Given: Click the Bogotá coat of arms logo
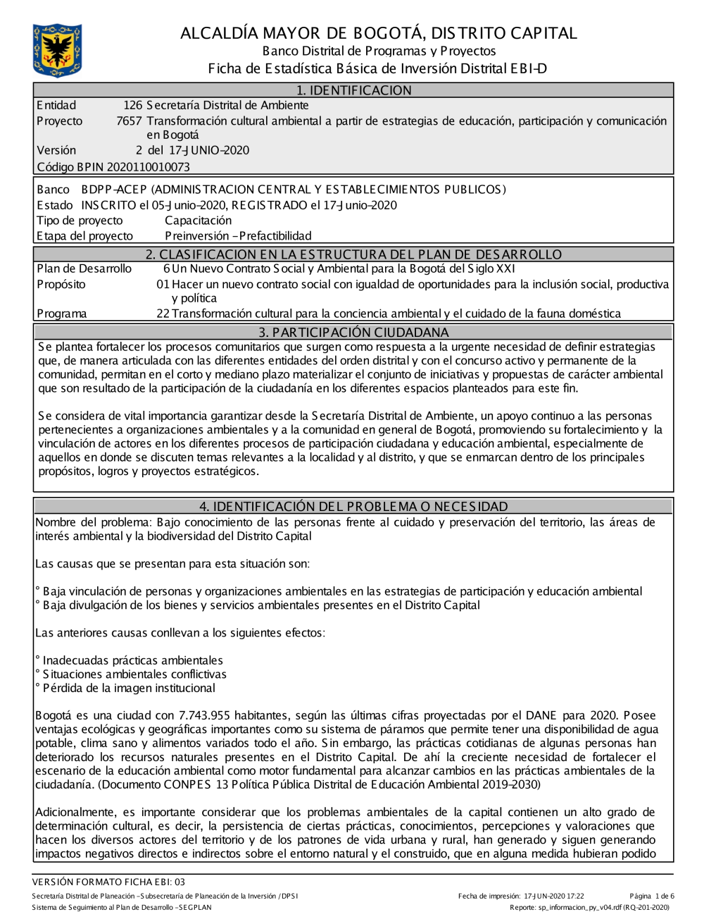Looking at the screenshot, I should click(57, 50).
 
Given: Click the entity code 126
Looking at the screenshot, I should click(132, 106).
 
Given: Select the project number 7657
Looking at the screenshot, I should click(129, 121).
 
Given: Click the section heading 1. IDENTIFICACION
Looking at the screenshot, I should click(353, 90).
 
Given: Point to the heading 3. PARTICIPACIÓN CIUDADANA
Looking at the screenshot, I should click(353, 332).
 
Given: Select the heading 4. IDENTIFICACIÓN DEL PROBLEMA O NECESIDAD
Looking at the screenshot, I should click(353, 506).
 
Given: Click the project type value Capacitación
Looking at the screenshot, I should click(198, 221).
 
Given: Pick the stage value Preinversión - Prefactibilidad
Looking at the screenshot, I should click(238, 236).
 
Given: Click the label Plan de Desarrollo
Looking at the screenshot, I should click(84, 269).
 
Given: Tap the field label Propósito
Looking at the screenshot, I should click(61, 285).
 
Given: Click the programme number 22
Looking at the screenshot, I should click(163, 314).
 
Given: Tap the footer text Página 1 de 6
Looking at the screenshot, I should click(652, 896).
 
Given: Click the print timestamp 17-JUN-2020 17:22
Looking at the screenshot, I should click(553, 896).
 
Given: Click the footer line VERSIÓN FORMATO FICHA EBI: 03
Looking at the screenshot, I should click(108, 882).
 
